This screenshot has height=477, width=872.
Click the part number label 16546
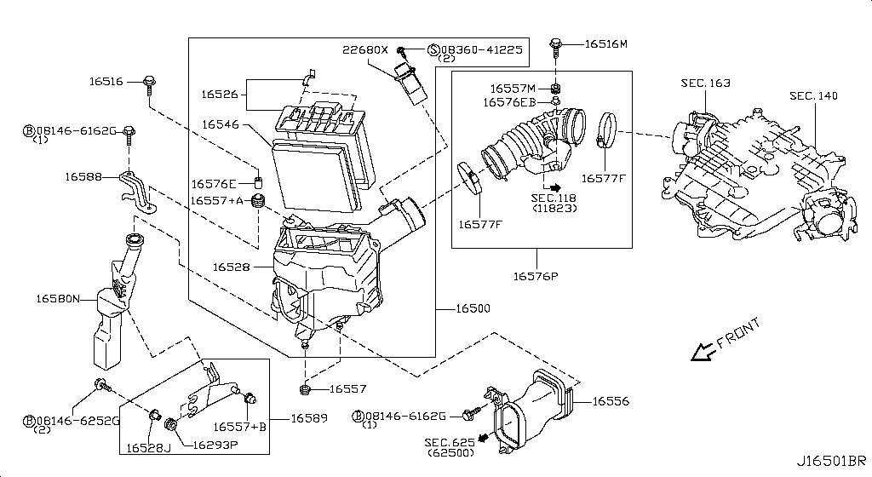(221, 124)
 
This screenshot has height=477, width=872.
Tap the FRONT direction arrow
(703, 350)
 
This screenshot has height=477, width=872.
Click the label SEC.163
(705, 83)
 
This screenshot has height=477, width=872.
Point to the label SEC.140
(812, 95)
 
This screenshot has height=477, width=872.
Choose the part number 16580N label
(58, 299)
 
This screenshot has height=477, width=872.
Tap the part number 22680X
(366, 49)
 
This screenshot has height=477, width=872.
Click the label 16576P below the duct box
(536, 276)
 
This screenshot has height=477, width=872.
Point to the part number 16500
(472, 308)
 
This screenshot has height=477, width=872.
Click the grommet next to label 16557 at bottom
(305, 389)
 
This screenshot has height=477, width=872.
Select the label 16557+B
(239, 427)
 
